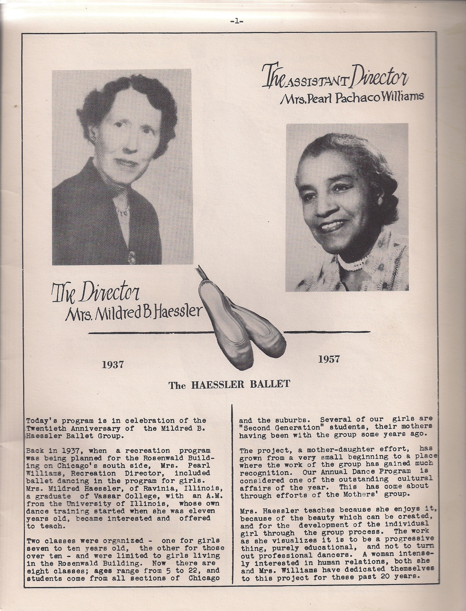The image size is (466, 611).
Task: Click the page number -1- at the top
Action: [237, 21]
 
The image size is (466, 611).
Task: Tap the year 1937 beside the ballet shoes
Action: [112, 365]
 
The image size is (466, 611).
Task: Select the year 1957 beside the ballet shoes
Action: [329, 359]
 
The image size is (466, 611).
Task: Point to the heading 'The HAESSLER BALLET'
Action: [229, 385]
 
